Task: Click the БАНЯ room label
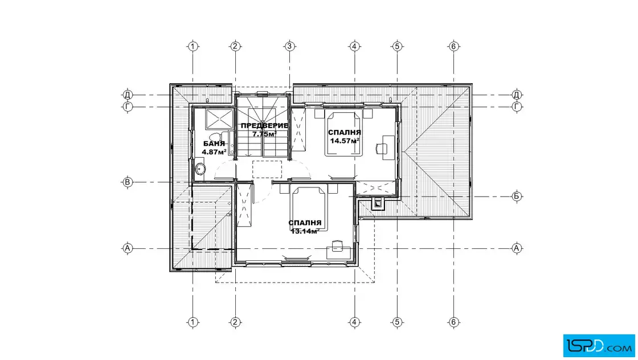[214, 144]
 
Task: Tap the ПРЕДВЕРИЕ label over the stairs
[264, 126]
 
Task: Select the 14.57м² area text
[345, 141]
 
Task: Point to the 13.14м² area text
[305, 231]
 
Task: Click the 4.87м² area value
[214, 152]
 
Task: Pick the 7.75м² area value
[264, 133]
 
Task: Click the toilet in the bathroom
[215, 136]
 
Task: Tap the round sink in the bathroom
[199, 168]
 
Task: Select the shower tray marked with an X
[219, 119]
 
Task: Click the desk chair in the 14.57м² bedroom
[381, 149]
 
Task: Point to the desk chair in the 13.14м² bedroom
[337, 246]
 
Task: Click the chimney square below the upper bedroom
[378, 203]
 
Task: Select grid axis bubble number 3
[289, 46]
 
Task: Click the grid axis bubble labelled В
[128, 182]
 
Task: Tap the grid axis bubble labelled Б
[516, 197]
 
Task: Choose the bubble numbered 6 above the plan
[453, 46]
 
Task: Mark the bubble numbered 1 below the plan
[193, 322]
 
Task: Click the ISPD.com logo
[599, 346]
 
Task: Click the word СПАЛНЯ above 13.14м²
[305, 223]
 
